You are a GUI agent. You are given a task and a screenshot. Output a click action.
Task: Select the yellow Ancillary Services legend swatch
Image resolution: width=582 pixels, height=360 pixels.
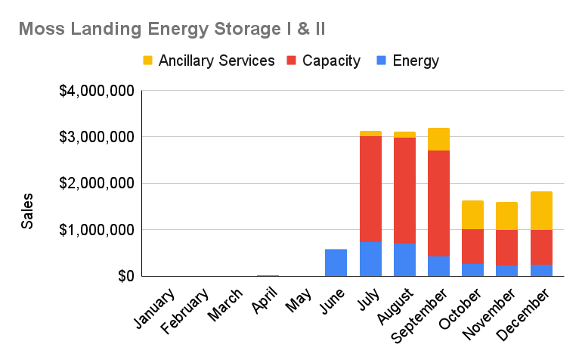click(147, 61)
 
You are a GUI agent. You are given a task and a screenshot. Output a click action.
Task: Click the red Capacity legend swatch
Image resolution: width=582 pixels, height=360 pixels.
click(291, 61)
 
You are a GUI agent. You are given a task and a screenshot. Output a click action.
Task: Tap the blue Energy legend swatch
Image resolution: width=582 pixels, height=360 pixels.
click(381, 61)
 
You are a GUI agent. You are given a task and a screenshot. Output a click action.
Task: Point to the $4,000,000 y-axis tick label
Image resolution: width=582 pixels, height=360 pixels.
click(97, 92)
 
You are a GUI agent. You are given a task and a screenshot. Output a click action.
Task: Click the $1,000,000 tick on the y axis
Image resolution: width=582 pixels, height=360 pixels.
click(97, 230)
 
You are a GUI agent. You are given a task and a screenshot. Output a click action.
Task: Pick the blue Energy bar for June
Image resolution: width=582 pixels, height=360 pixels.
click(336, 262)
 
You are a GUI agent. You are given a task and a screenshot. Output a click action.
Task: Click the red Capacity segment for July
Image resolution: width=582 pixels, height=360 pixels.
click(370, 189)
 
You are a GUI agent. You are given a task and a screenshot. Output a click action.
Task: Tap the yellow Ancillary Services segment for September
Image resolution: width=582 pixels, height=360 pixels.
click(438, 139)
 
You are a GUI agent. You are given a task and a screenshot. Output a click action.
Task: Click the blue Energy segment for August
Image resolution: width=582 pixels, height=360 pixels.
click(404, 259)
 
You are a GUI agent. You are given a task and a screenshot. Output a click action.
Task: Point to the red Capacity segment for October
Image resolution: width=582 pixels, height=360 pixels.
click(472, 247)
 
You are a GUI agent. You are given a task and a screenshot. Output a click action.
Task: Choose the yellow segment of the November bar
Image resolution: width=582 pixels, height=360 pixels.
click(507, 216)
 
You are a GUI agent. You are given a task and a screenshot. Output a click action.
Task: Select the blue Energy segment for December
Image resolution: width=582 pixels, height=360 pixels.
click(541, 270)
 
